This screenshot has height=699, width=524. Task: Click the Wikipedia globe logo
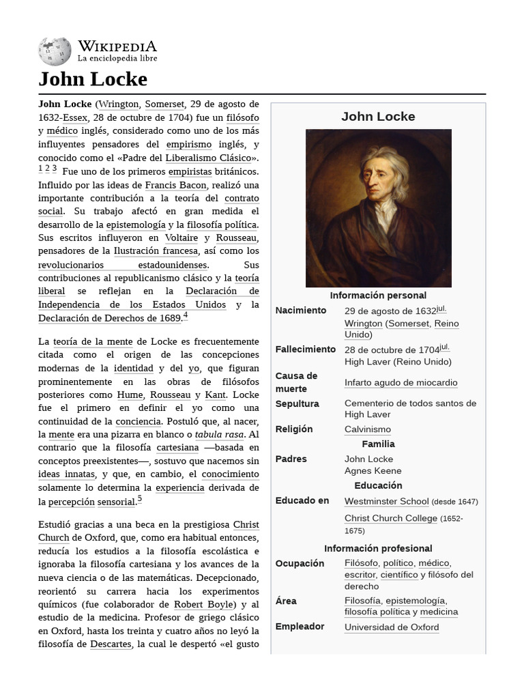point(55,52)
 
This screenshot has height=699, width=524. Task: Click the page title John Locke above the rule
point(93,79)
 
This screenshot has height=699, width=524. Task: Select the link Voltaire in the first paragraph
point(181,238)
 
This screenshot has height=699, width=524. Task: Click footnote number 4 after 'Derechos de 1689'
point(185,316)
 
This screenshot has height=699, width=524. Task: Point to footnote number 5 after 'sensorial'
point(139,499)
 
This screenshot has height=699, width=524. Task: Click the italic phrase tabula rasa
point(219,435)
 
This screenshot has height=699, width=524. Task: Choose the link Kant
point(215,395)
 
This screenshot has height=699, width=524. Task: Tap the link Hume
point(130,395)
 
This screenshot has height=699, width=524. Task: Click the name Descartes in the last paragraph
point(111,644)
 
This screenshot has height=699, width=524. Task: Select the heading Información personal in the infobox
point(378,296)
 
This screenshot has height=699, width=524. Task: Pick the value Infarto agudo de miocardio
point(401,383)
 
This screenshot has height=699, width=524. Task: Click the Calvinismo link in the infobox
point(367,429)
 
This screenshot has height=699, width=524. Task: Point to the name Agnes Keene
point(373,471)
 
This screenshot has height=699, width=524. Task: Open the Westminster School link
point(386,501)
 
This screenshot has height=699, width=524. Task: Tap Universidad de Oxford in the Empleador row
point(392,627)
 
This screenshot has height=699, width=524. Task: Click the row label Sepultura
point(297,403)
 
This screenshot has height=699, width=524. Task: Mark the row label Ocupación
point(300,563)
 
